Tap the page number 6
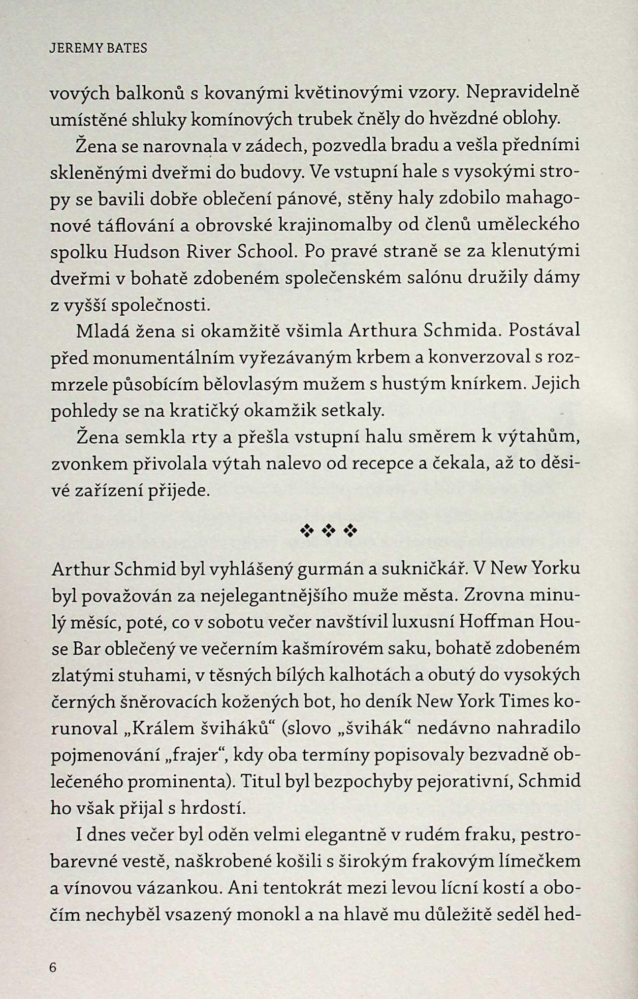click(x=54, y=967)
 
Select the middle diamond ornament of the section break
click(x=328, y=531)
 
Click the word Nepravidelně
click(x=523, y=92)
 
